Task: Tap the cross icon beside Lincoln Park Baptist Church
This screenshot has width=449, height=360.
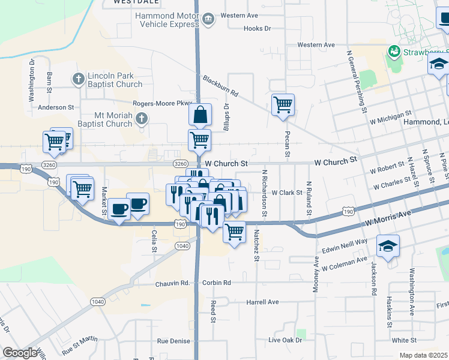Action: [x=78, y=79]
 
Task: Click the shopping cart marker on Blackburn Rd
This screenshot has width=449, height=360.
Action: [x=283, y=105]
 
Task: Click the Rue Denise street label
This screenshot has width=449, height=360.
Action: [x=174, y=341]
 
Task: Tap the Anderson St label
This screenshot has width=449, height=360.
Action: [x=55, y=107]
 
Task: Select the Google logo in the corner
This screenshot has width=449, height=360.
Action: [x=20, y=353]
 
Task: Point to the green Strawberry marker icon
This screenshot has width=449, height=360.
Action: [x=394, y=52]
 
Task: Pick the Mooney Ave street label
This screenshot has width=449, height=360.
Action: [x=316, y=275]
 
